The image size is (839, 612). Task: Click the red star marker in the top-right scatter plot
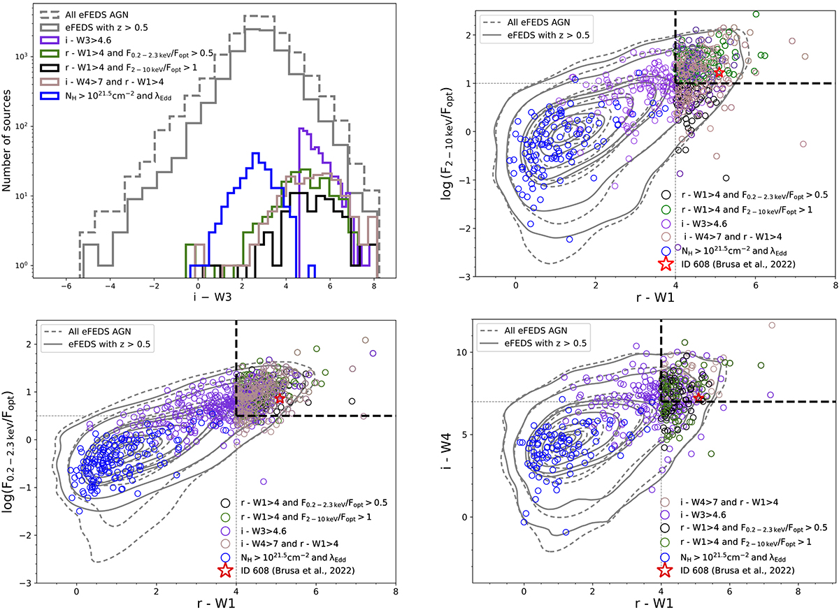(x=719, y=73)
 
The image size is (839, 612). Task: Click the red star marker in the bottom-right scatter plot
(x=698, y=397)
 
